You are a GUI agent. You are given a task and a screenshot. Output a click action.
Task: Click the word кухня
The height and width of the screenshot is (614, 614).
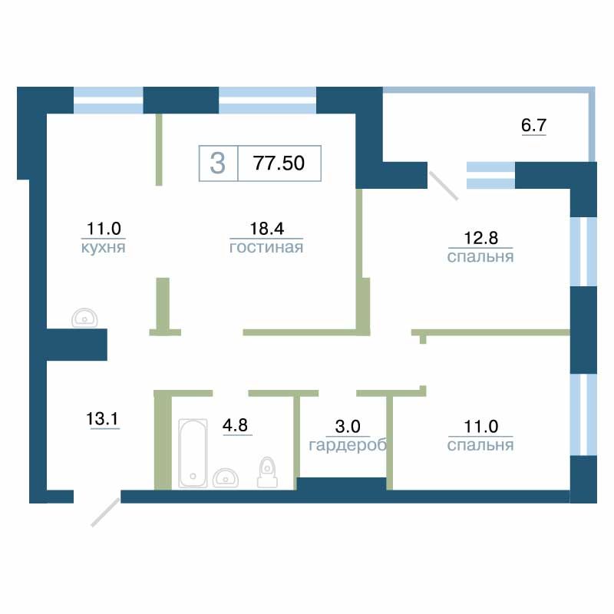pos(104,247)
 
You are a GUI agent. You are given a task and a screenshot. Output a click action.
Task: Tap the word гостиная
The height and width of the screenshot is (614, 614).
pos(266,247)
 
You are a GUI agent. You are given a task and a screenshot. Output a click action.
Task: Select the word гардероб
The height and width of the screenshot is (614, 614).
pos(348,445)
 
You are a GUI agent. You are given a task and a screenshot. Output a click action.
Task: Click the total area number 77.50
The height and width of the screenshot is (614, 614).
pos(279,163)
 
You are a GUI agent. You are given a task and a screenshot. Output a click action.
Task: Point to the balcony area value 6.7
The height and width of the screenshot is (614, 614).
pos(533,125)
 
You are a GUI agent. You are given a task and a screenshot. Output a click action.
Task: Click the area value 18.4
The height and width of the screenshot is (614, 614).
pos(266,228)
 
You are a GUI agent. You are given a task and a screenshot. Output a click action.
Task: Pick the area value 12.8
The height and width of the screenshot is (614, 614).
pos(481,238)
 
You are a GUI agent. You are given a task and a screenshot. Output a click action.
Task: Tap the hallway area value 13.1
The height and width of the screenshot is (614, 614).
pos(102,418)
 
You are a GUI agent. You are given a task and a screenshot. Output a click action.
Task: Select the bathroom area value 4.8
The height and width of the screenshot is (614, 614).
pos(236,425)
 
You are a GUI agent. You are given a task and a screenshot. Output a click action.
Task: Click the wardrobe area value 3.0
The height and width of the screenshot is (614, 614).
pos(348,427)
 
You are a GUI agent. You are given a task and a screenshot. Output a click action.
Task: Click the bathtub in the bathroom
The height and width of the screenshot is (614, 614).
pos(193,453)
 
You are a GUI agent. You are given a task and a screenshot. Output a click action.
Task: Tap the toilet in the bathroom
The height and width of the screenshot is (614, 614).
pos(267,472)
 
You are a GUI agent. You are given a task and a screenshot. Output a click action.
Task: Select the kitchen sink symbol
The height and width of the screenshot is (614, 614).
pos(84,318)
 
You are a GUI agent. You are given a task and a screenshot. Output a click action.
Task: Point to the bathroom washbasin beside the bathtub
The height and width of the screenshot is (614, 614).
pos(226,477)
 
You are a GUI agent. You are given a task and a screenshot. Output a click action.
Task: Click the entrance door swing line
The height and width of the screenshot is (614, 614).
pos(105,512)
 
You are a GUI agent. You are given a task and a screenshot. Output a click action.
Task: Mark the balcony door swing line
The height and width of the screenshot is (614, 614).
pos(444,186)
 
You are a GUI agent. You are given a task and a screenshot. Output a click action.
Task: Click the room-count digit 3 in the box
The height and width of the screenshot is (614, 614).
pos(218,163)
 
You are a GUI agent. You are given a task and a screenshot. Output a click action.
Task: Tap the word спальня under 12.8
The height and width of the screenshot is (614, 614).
pos(480,257)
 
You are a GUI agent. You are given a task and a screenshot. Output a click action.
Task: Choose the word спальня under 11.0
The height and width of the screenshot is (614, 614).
pos(480,445)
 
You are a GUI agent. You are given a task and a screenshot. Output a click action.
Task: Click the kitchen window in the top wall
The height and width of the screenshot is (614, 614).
pos(108,101)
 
